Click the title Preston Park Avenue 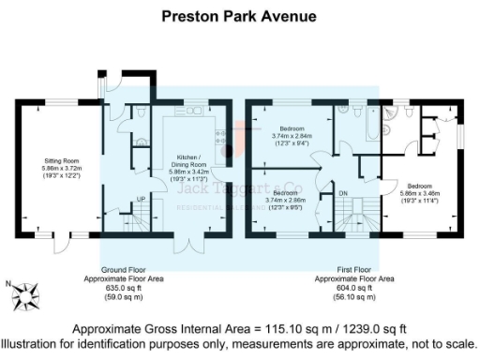click(239, 16)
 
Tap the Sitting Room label click(58, 159)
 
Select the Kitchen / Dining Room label click(187, 161)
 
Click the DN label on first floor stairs click(343, 194)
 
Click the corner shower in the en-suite click(409, 112)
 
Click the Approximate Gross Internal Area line click(239, 328)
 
